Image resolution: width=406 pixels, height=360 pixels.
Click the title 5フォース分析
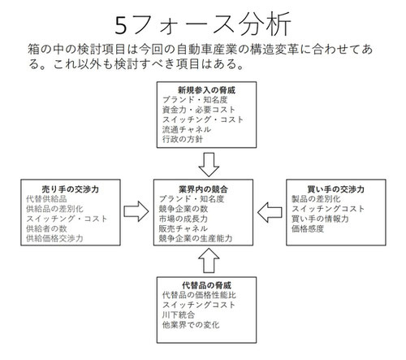point(203,25)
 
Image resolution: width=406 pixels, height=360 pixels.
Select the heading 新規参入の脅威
point(206,90)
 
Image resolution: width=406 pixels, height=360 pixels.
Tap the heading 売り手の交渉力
point(71,189)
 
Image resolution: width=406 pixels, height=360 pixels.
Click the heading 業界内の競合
point(203,189)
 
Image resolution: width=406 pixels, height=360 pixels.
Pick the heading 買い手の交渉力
point(336,189)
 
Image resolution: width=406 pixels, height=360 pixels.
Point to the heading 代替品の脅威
point(206,285)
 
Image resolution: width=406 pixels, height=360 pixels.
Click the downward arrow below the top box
point(209,165)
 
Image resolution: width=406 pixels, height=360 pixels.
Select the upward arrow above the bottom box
point(209,261)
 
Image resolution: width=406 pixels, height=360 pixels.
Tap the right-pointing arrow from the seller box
point(136,211)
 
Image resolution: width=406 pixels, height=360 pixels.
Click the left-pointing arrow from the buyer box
point(270,212)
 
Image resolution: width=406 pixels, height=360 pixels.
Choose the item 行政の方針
point(183,139)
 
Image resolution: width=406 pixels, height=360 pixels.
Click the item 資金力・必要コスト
point(199,110)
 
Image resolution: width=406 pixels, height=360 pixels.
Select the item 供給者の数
point(46,228)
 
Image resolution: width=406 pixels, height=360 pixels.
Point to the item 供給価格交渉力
point(54,238)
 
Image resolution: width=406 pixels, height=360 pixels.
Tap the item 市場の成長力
point(184,219)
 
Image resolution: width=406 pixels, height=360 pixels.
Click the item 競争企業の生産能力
point(196,238)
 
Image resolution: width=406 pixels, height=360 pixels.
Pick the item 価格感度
point(308,228)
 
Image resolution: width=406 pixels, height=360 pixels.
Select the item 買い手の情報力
point(320,219)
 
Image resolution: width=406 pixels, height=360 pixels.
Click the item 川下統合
point(179,314)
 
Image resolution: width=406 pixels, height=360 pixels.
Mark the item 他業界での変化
point(191,324)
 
